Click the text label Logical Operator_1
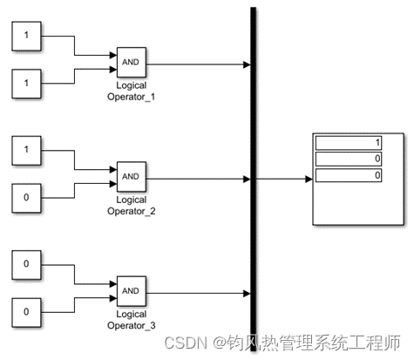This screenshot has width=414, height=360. (130, 92)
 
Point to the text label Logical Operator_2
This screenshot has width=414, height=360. (130, 206)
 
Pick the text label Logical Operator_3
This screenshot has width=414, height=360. (130, 318)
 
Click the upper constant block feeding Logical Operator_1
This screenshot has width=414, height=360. (25, 37)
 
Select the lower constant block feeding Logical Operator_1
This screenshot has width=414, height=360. (25, 85)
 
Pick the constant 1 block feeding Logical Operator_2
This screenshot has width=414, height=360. (25, 150)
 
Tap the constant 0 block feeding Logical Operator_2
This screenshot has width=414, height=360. (25, 198)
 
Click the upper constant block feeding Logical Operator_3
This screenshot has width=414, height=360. (25, 263)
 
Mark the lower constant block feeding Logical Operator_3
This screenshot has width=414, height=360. (25, 311)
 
